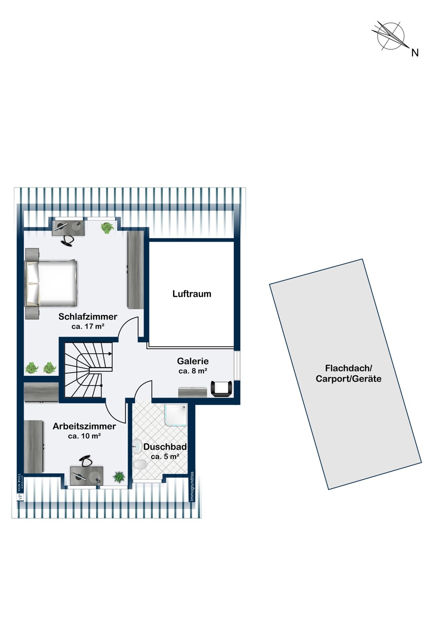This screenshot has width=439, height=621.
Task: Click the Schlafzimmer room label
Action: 88,317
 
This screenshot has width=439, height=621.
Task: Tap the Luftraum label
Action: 192,294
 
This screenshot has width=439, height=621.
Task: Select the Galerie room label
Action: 193,361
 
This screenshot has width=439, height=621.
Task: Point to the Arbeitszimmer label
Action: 84,426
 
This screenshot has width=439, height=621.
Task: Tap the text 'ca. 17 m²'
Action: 88,326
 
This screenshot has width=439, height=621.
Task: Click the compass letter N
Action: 415,53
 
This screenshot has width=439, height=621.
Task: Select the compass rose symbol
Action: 391,36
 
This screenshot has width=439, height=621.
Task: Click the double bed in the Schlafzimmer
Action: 51,283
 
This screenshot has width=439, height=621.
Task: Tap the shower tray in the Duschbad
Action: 176,417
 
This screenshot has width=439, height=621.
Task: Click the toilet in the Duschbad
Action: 140,464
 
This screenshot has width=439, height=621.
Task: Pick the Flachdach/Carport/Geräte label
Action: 349,373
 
